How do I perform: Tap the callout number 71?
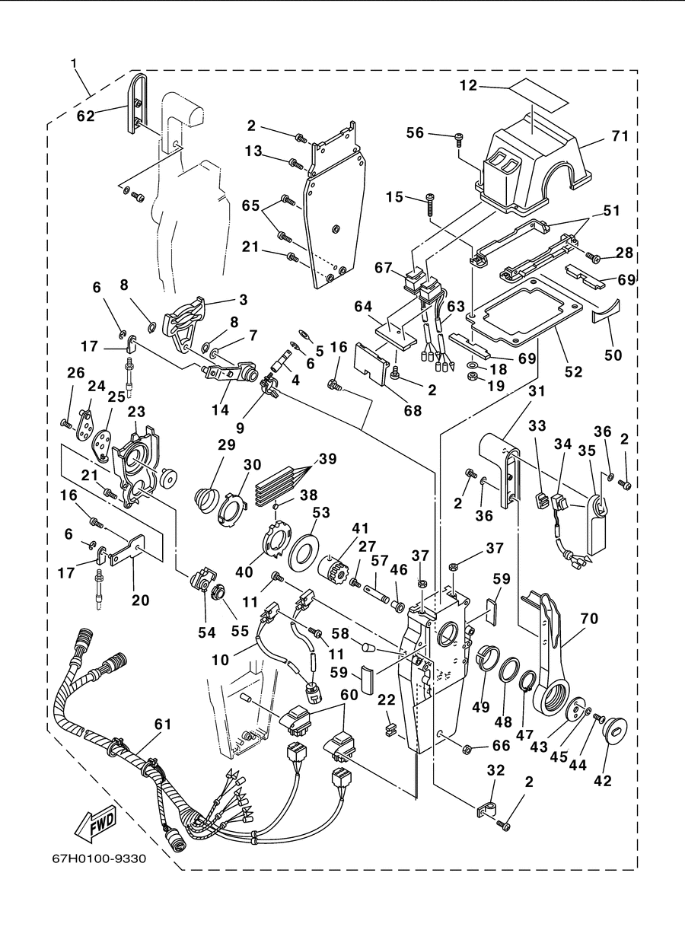click(x=620, y=136)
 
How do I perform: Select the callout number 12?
click(x=468, y=85)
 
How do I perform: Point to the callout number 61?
click(x=163, y=725)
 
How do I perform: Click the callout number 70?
click(x=590, y=619)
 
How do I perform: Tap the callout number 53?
click(x=321, y=513)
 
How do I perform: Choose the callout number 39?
click(x=328, y=459)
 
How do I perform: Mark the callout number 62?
click(x=86, y=116)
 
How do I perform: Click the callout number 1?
click(x=74, y=63)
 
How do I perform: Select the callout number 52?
click(x=573, y=371)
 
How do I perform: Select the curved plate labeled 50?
click(x=605, y=312)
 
